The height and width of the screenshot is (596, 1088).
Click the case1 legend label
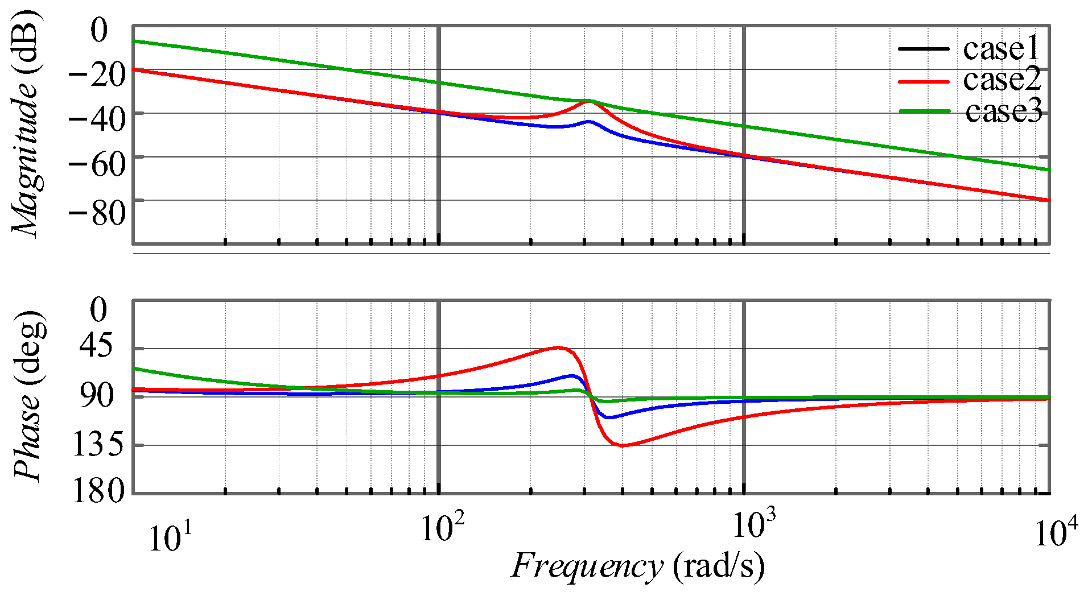coord(1001,49)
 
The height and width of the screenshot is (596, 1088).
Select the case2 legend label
coord(1002,80)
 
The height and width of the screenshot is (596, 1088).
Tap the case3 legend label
coord(1003,111)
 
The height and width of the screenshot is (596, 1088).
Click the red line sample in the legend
coord(923,82)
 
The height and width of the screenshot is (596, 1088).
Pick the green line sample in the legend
coord(924,111)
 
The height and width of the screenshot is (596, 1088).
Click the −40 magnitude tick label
coord(96,119)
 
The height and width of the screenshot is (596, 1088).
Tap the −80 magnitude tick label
coord(96,213)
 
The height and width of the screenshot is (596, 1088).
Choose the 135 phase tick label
coord(97,444)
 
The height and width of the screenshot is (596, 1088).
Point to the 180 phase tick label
coord(98,490)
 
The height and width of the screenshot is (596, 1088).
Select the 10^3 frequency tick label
coord(753,524)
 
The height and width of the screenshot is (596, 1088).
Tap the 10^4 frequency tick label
coord(1056,533)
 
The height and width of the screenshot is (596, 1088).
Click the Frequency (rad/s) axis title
coord(637,566)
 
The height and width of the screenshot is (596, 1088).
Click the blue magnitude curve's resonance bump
coord(590,122)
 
